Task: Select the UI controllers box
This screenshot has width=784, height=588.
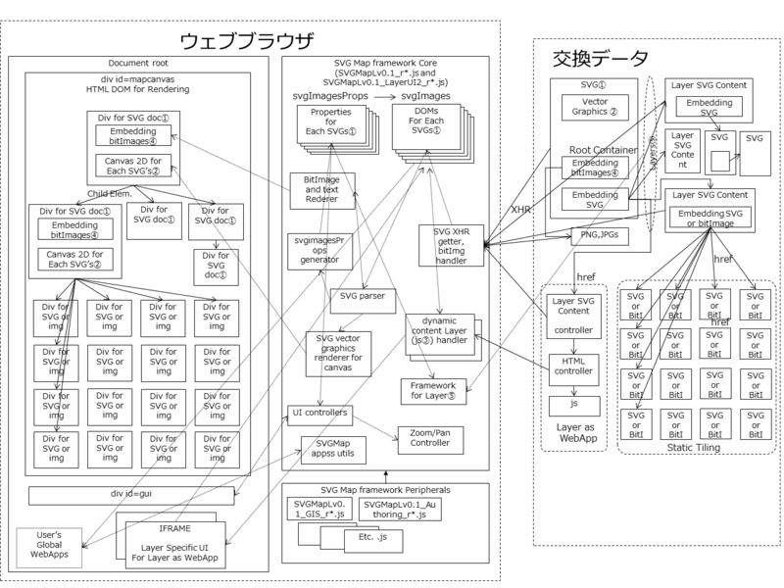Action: click(x=319, y=413)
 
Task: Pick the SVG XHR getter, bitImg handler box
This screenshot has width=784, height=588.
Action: click(x=447, y=243)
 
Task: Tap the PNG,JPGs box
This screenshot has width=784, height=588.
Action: click(x=597, y=233)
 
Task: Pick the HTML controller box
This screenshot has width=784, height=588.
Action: click(x=572, y=366)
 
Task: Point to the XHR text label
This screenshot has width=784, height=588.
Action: click(x=521, y=210)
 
